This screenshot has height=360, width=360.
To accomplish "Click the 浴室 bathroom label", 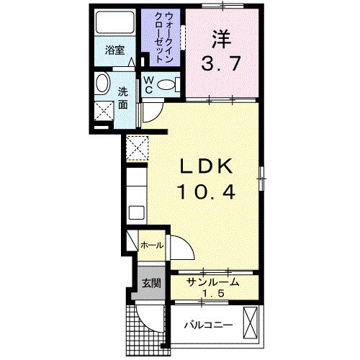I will (114, 50).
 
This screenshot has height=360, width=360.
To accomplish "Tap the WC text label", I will (148, 84).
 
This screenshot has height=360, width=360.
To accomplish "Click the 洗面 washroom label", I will (123, 97).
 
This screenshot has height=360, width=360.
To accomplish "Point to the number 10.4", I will (206, 192).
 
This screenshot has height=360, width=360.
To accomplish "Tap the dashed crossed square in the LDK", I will (136, 147).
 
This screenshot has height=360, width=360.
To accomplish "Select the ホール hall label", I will (150, 246).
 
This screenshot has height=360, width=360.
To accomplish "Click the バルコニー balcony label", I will (207, 325).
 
